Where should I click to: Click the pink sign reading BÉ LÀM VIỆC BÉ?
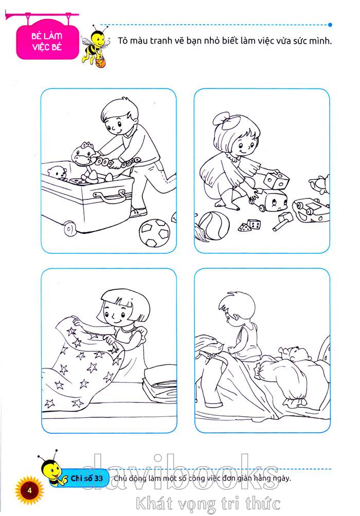pyautogui.click(x=48, y=42)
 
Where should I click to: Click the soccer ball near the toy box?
pyautogui.click(x=154, y=233)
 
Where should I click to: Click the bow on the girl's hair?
pyautogui.click(x=226, y=121)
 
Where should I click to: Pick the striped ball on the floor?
pyautogui.click(x=214, y=226)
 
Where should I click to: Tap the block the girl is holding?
pyautogui.click(x=276, y=179)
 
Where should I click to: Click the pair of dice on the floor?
pyautogui.click(x=249, y=226)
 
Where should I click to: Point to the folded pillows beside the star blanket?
pyautogui.click(x=160, y=383)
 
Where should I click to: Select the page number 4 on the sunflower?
pyautogui.click(x=29, y=490)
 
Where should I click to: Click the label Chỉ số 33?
pyautogui.click(x=86, y=478)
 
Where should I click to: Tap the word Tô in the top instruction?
pyautogui.click(x=122, y=41)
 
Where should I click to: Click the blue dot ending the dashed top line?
pyautogui.click(x=330, y=25)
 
